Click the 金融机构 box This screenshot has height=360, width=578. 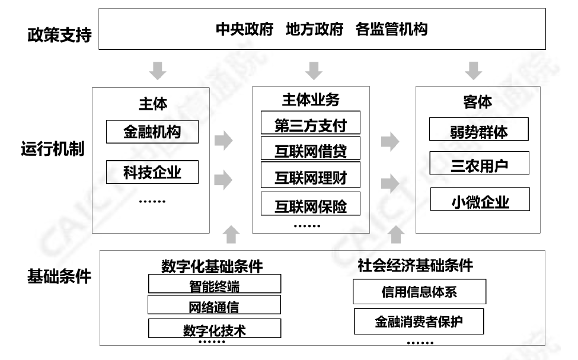pos(152,132)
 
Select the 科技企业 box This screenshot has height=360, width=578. pos(152,173)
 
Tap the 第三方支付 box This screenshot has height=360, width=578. pos(310,123)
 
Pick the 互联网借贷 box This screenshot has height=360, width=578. pos(310,149)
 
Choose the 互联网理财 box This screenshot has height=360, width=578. pos(310,176)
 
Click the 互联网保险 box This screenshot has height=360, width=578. pos(310,205)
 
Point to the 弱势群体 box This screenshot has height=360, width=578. pos(479,130)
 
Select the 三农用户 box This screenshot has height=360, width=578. pos(479,164)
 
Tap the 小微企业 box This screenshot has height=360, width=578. pos(480,200)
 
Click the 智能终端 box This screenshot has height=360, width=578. pos(214,285)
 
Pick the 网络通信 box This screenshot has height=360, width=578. pos(214,305)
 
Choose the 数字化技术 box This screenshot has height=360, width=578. pos(214,329)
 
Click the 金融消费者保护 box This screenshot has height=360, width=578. pos(419,321)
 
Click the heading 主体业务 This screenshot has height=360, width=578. pos(310,99)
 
